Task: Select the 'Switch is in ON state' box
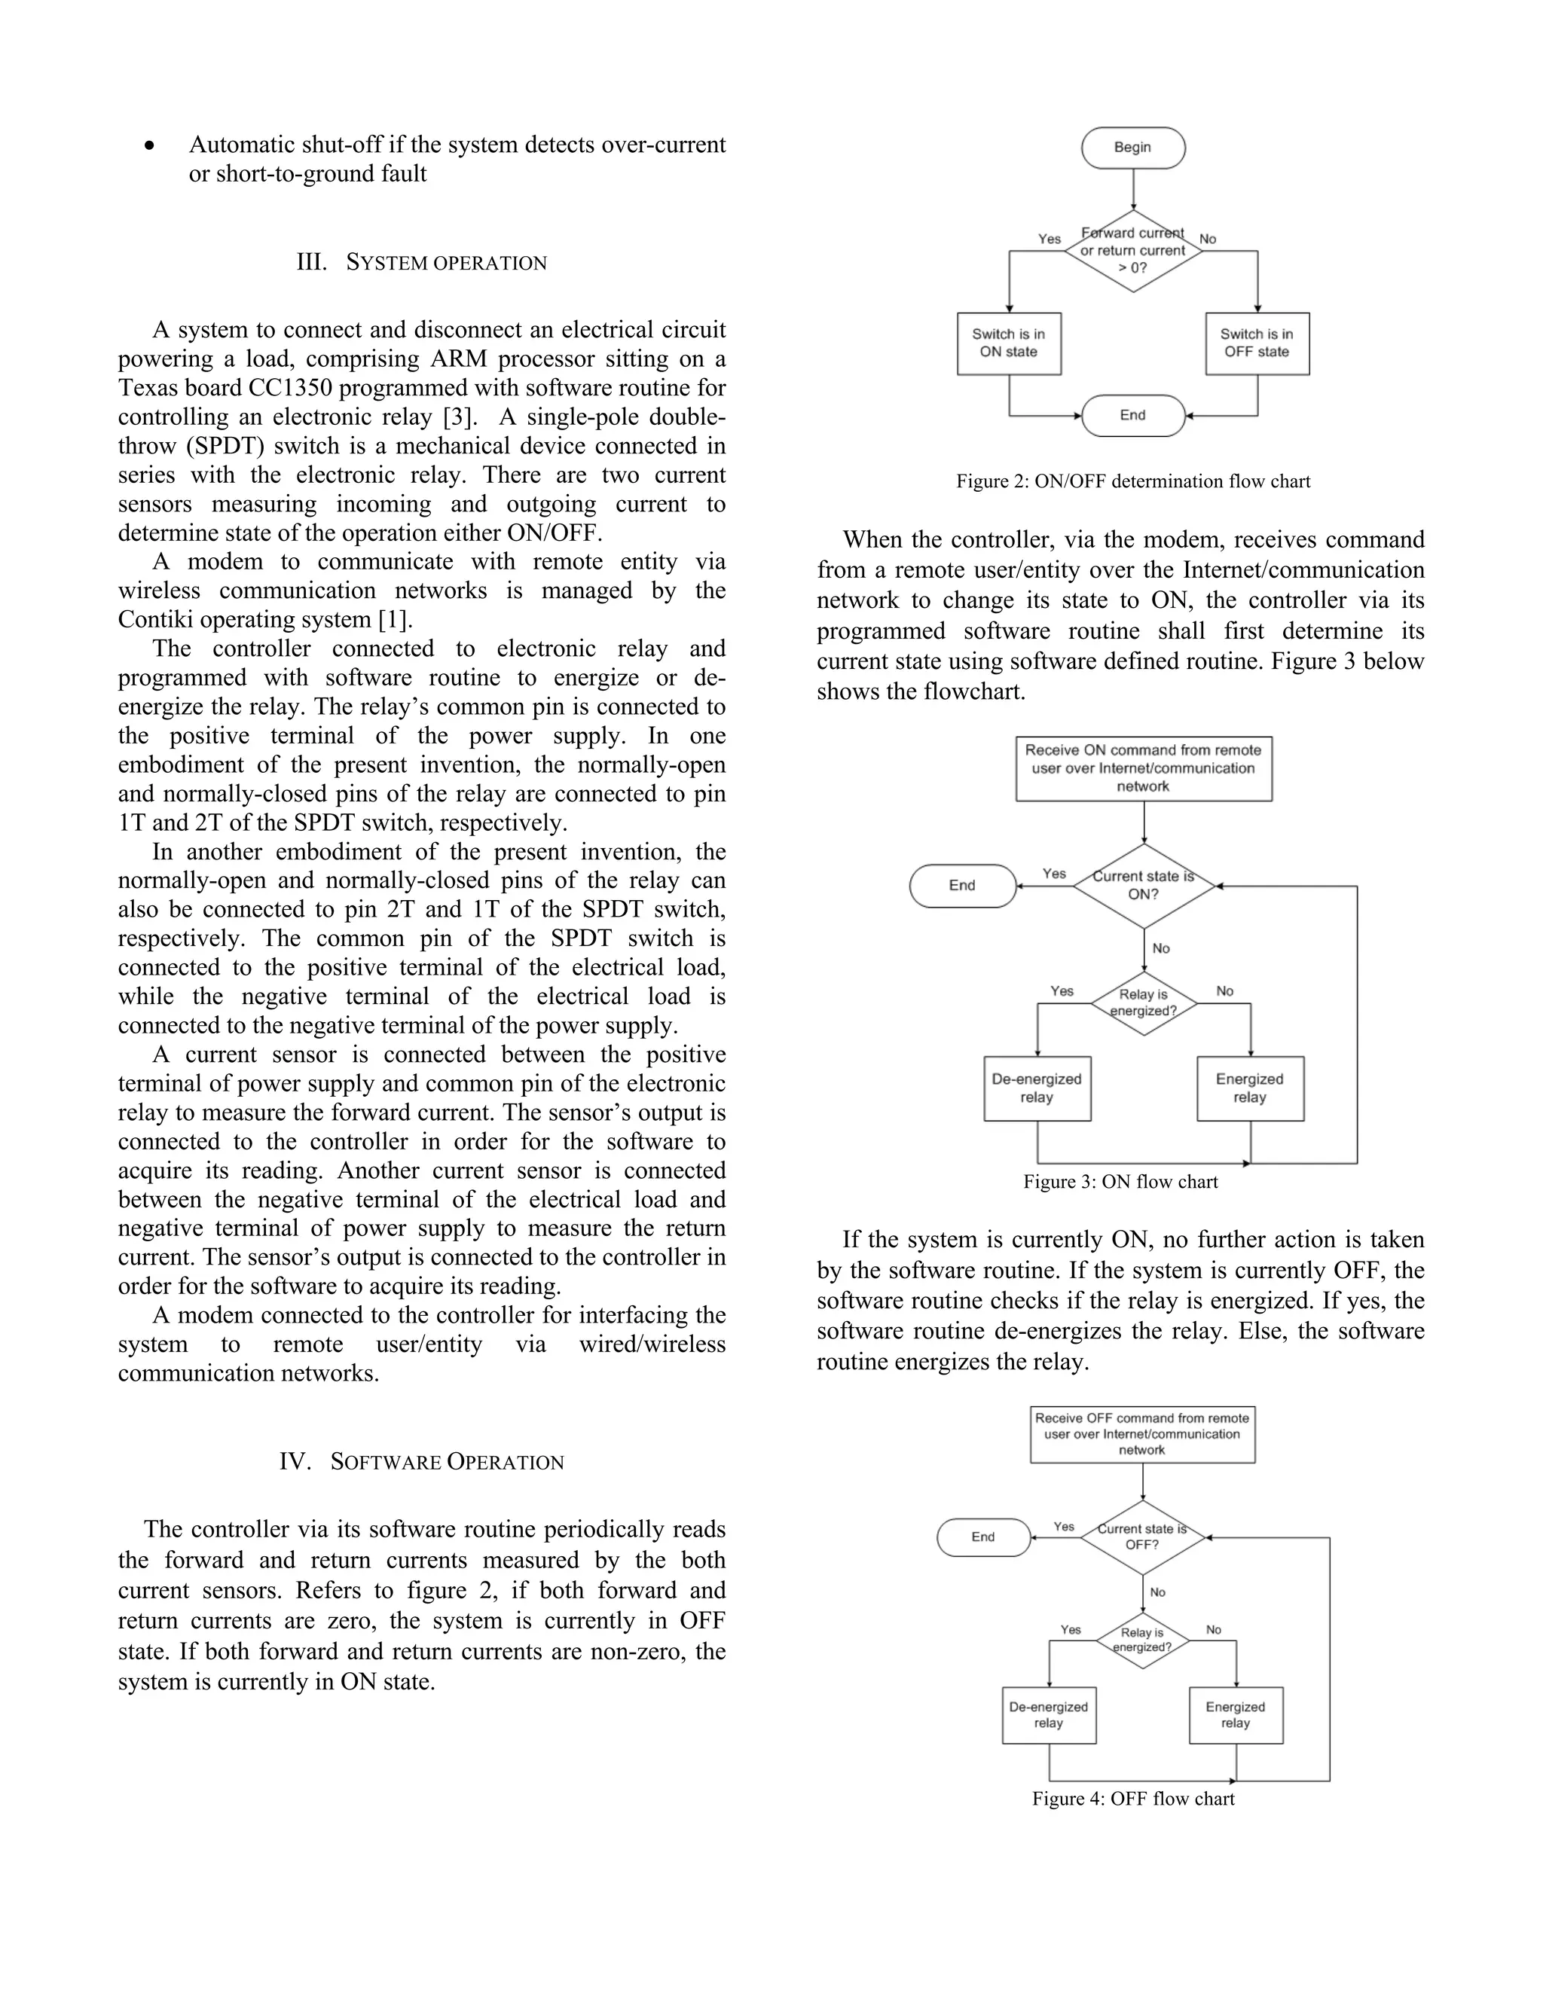(1008, 343)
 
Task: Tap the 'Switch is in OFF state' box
(1257, 343)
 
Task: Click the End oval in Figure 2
(1132, 416)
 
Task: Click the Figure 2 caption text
(1132, 481)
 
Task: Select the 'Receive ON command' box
(1143, 768)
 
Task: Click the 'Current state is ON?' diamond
(1143, 886)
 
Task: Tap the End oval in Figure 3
(963, 886)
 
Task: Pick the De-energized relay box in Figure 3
(1037, 1088)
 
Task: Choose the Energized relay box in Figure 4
(1235, 1715)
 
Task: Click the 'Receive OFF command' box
(1141, 1434)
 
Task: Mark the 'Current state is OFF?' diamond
(1141, 1537)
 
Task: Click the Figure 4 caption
(1132, 1799)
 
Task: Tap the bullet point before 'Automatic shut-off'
(150, 146)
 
